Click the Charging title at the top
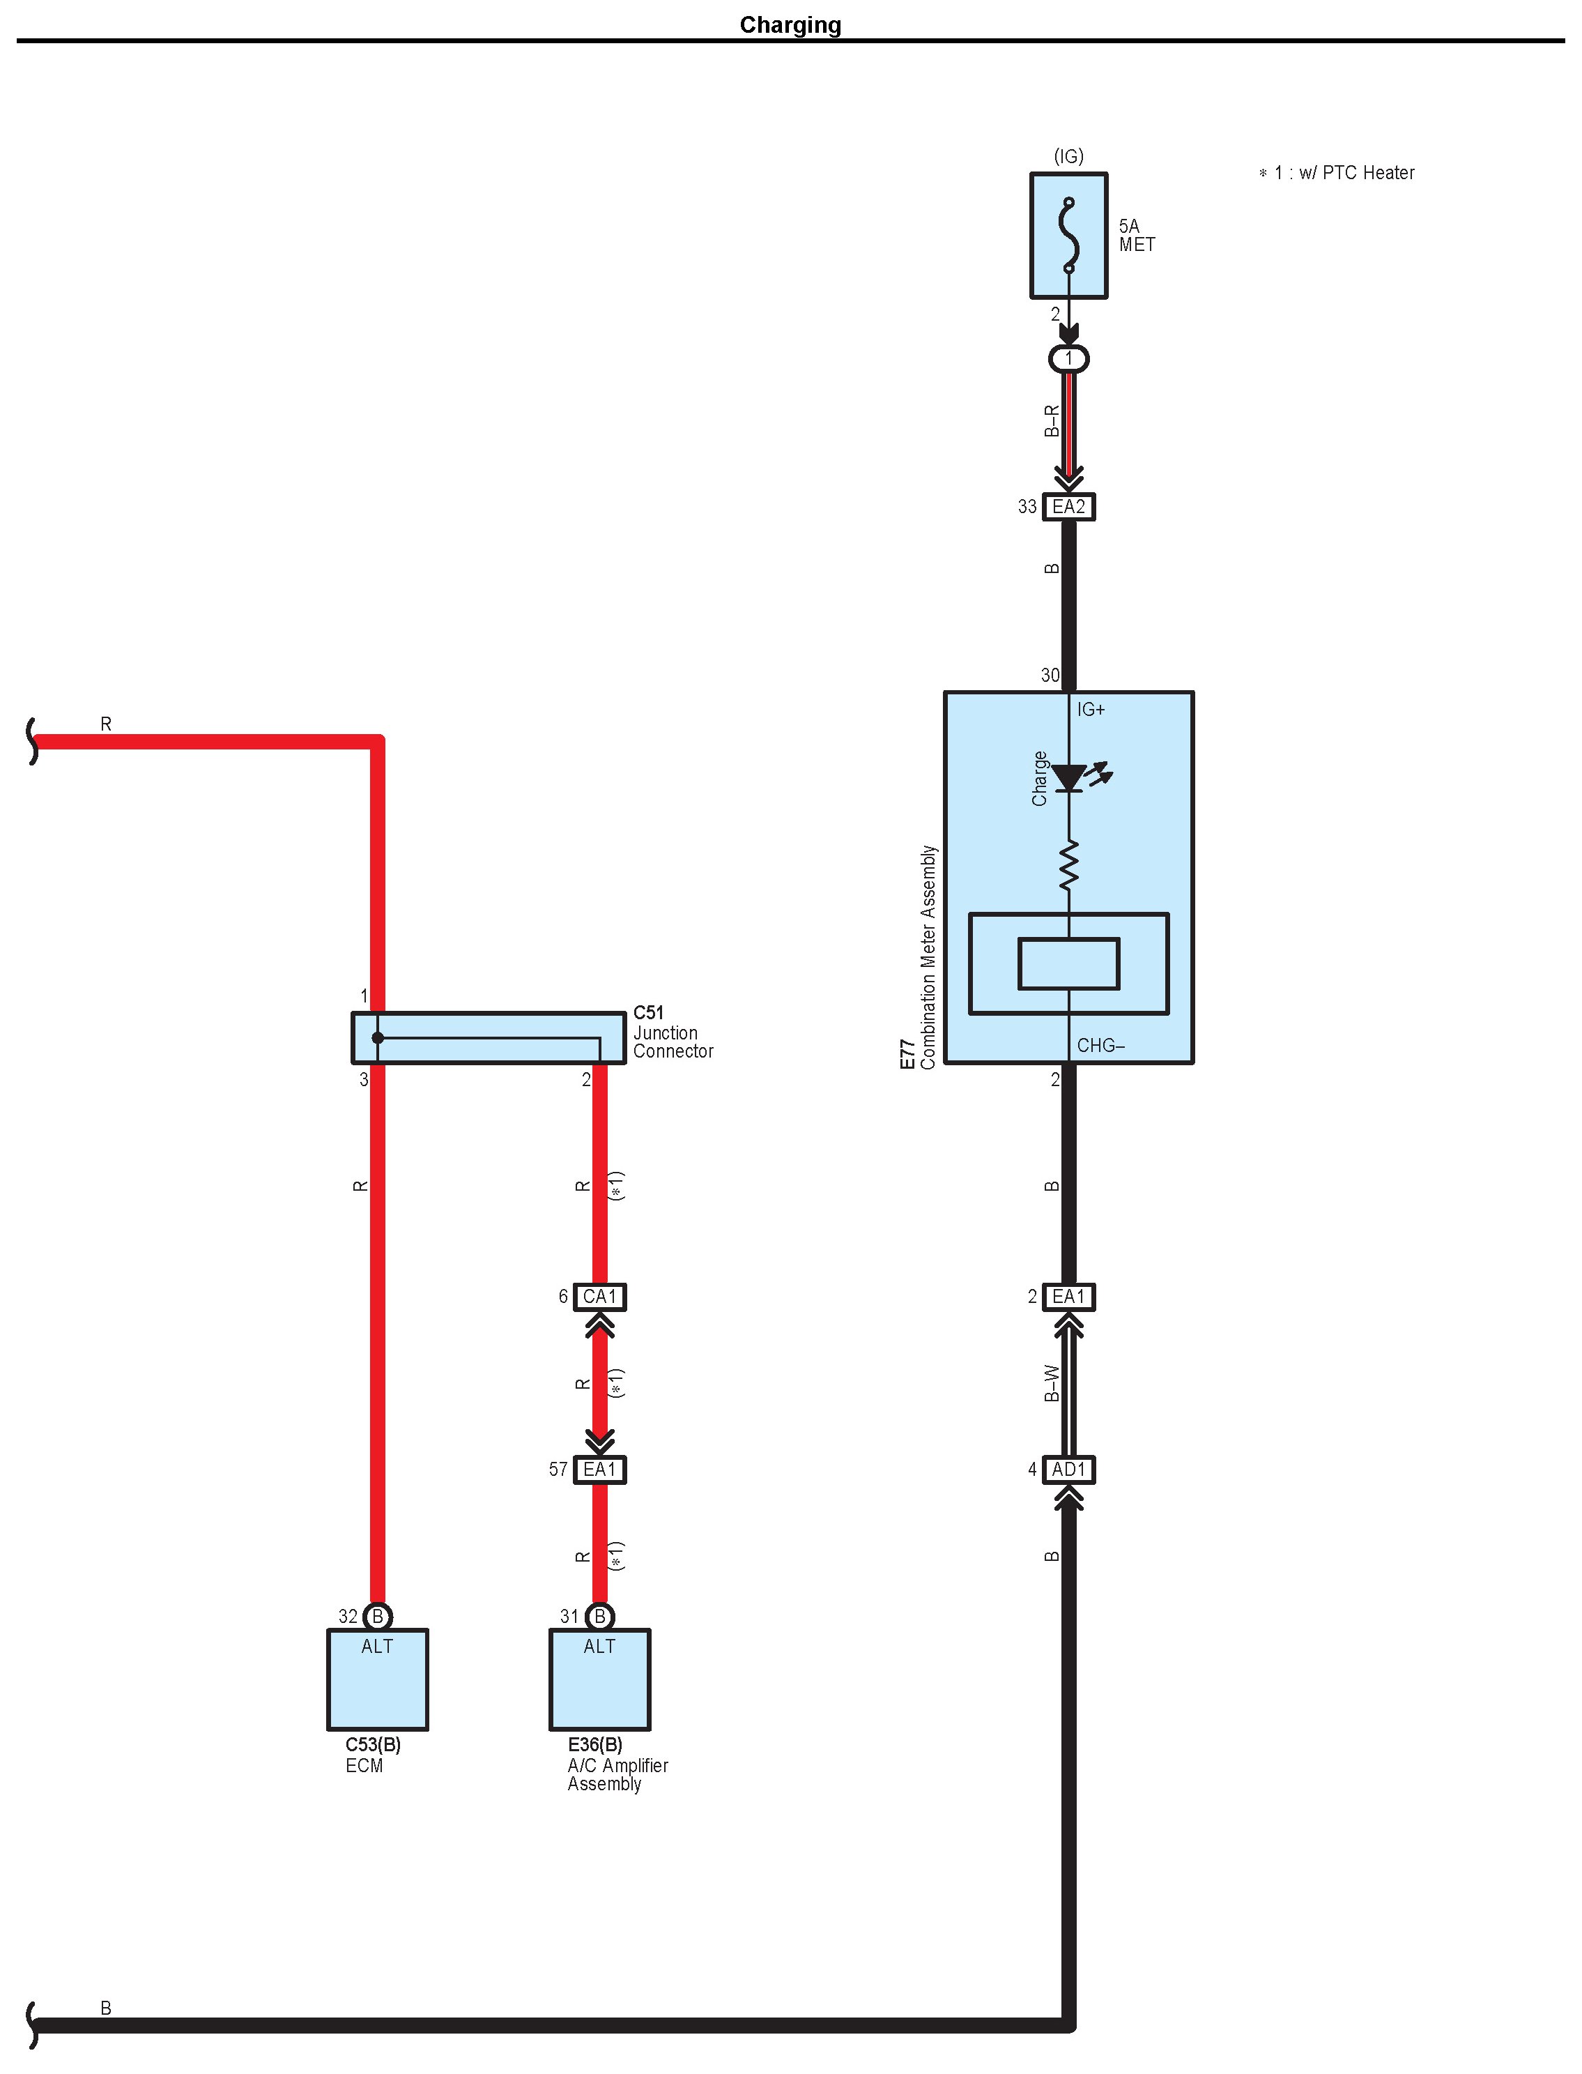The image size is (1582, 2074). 790,24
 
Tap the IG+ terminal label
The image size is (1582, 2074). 1091,709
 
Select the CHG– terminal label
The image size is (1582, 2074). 1100,1046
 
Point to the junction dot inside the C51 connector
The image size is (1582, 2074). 378,1038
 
